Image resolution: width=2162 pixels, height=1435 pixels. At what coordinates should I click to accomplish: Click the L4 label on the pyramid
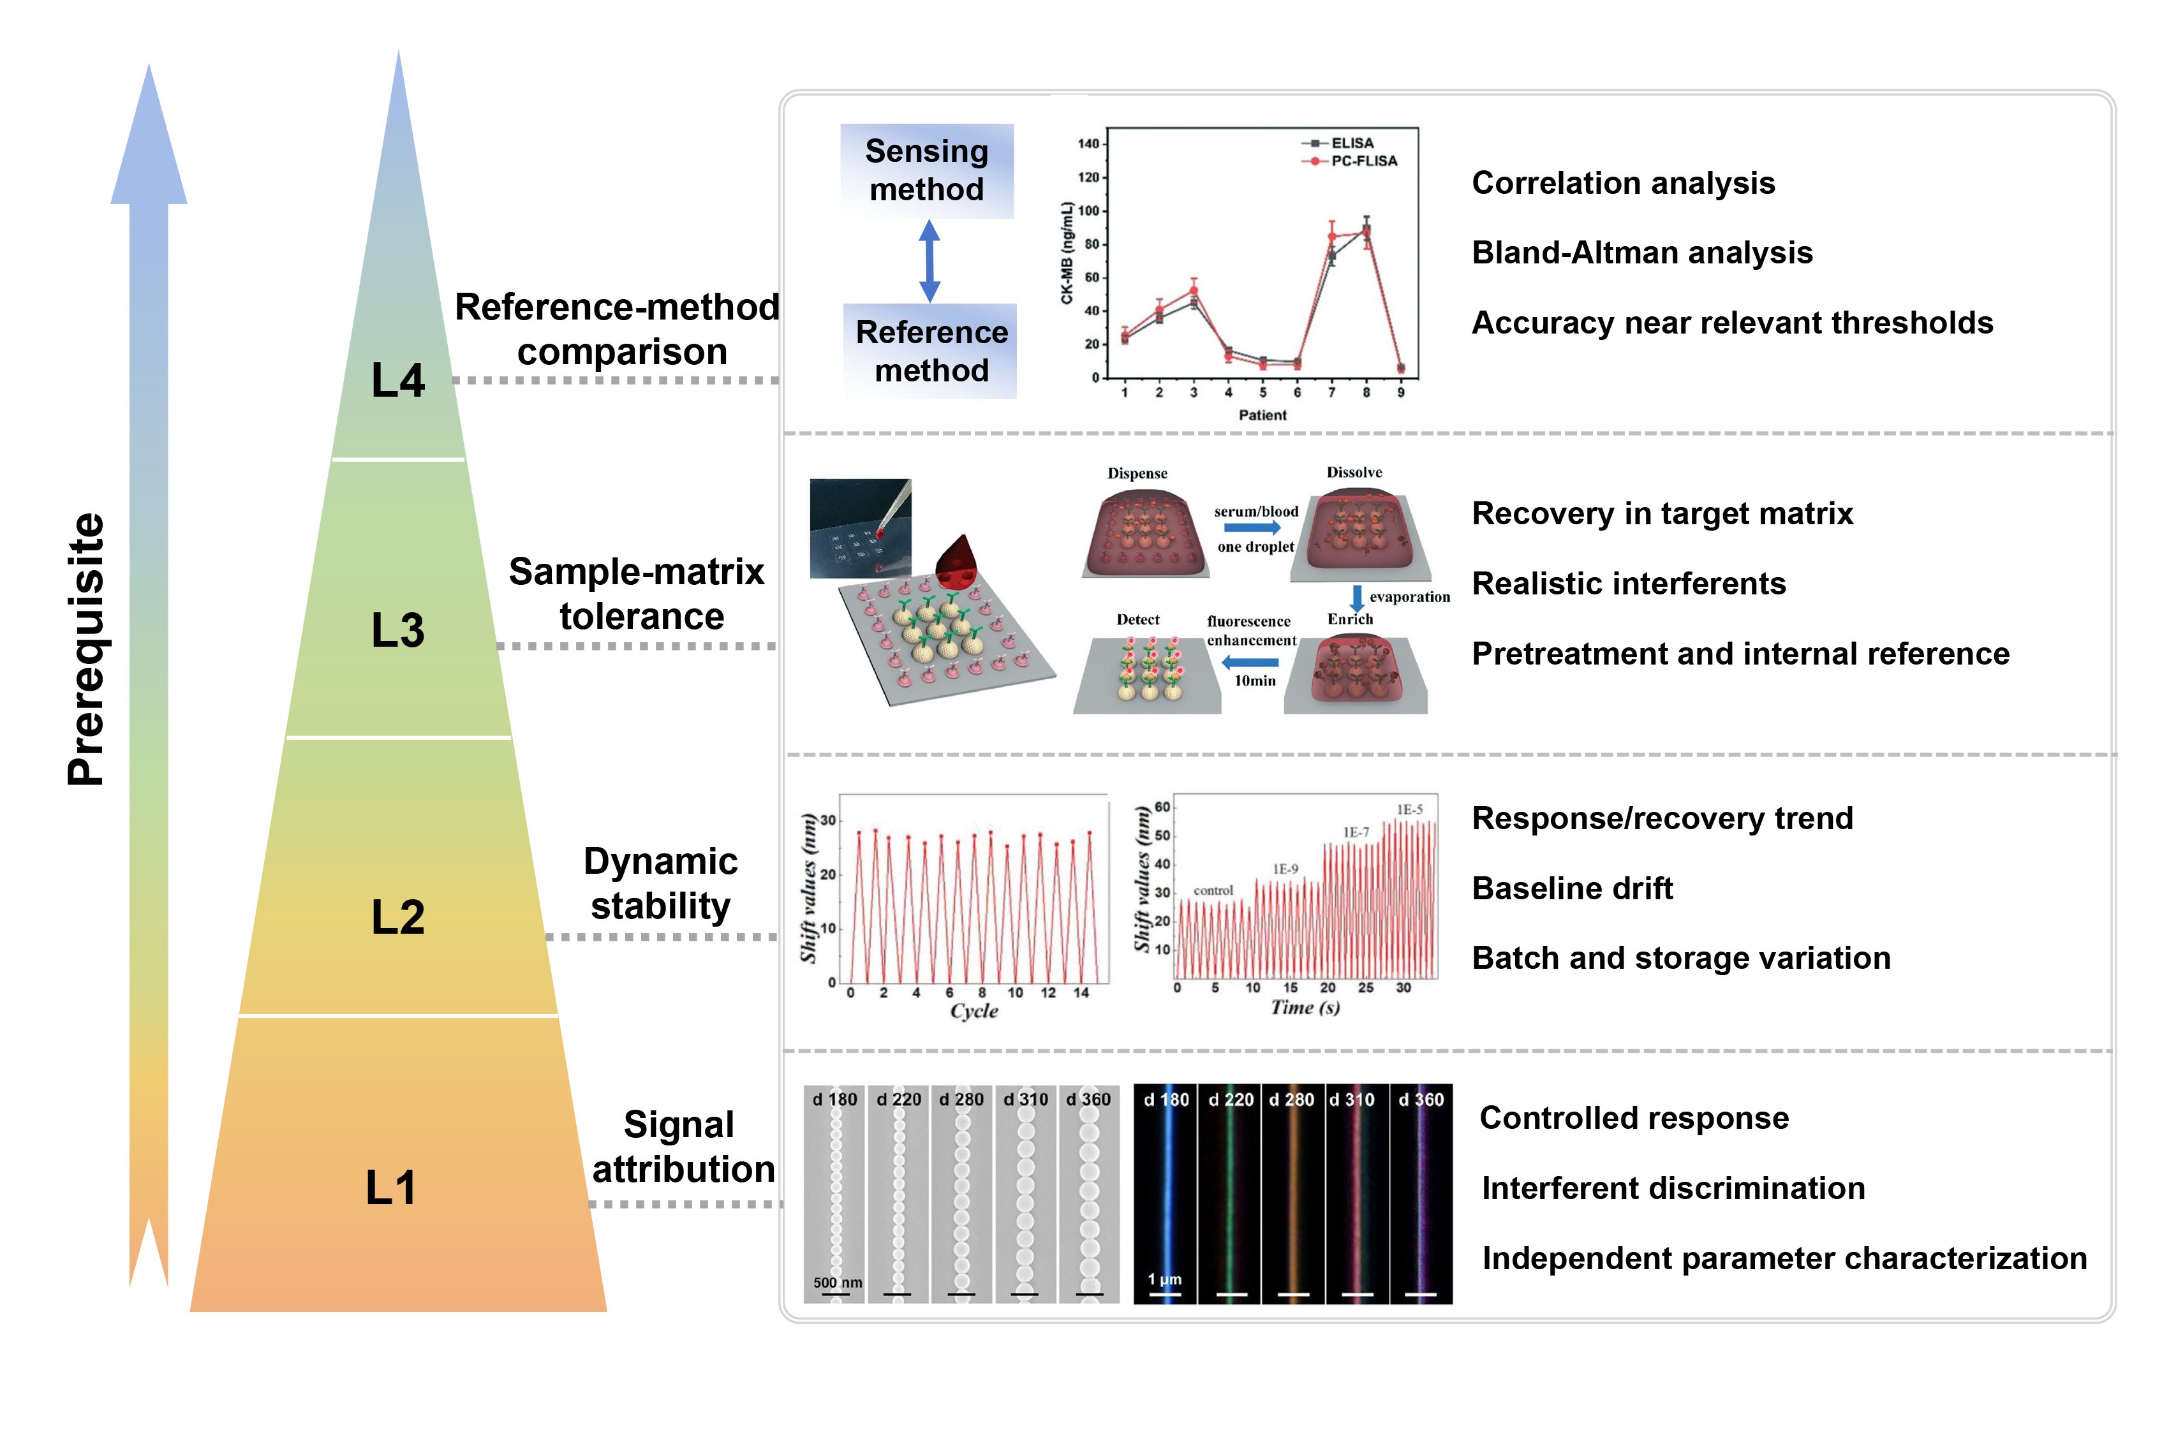tap(397, 380)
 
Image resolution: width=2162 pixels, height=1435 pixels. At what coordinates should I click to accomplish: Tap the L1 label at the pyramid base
tap(391, 1188)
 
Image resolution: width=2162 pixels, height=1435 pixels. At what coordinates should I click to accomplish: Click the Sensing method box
tap(926, 170)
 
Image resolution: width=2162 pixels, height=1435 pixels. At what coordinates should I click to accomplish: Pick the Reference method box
tap(931, 351)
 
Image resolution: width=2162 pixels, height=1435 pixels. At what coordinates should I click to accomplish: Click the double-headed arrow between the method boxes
tap(929, 261)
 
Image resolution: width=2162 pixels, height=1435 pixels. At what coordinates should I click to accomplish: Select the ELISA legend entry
tap(1340, 143)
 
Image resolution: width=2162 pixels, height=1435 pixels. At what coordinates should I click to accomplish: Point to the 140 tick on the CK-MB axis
tap(1088, 143)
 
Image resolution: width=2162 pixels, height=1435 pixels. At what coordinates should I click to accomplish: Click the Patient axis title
tap(1262, 415)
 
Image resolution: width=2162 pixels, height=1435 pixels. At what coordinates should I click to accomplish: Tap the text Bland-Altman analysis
tap(1642, 253)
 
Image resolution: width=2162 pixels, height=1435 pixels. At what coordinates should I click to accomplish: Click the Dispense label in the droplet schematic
tap(1137, 473)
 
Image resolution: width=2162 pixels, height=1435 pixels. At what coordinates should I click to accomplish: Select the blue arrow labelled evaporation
tap(1358, 598)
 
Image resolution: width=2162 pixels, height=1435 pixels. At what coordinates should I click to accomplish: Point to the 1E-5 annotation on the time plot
tap(1410, 809)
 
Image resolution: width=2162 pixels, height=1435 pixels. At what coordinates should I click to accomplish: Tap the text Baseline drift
tap(1573, 888)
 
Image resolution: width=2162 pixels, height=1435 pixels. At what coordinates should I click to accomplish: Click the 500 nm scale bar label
tap(838, 1282)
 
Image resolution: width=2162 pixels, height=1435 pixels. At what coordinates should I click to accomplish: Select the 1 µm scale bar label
tap(1164, 1279)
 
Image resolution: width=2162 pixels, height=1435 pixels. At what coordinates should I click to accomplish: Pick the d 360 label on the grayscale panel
tap(1088, 1099)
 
